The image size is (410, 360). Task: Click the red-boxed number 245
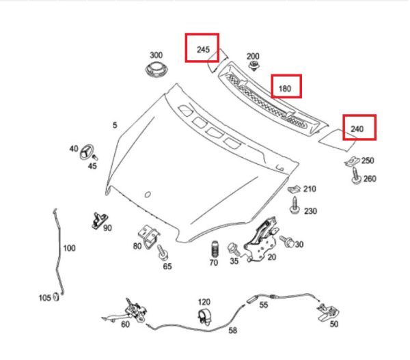pyautogui.click(x=203, y=48)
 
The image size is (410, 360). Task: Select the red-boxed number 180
pyautogui.click(x=286, y=87)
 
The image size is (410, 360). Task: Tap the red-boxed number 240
pyautogui.click(x=359, y=128)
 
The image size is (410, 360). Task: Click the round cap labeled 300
pyautogui.click(x=156, y=71)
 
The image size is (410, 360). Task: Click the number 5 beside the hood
pyautogui.click(x=115, y=125)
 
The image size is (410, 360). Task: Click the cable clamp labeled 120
pyautogui.click(x=204, y=318)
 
